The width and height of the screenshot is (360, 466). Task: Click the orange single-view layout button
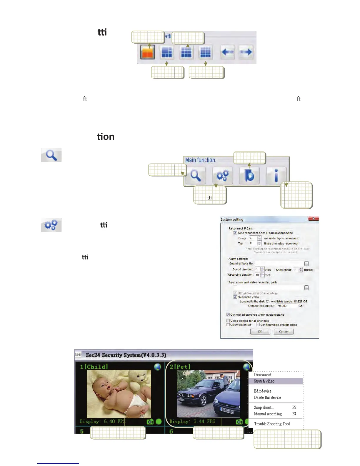(148, 52)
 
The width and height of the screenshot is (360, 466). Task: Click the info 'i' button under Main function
(276, 176)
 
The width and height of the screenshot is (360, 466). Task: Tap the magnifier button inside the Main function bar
(196, 176)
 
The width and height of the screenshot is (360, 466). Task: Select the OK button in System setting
(260, 332)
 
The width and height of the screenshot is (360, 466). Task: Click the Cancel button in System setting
(284, 332)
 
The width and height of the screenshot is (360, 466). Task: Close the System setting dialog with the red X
(314, 219)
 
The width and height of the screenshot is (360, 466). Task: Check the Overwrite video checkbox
(235, 297)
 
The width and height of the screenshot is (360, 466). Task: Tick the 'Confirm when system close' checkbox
(258, 325)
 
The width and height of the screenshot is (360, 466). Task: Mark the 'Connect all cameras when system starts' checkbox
(228, 315)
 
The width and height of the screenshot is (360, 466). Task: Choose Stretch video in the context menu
(264, 381)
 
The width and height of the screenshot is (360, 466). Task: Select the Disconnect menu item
(263, 375)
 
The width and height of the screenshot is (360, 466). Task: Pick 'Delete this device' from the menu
(267, 397)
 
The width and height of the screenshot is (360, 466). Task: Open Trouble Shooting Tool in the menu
(272, 424)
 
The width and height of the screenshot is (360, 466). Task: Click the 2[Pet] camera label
(180, 367)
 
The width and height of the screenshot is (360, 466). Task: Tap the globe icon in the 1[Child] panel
(158, 367)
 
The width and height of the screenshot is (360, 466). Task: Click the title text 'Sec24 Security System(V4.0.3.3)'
(126, 355)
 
